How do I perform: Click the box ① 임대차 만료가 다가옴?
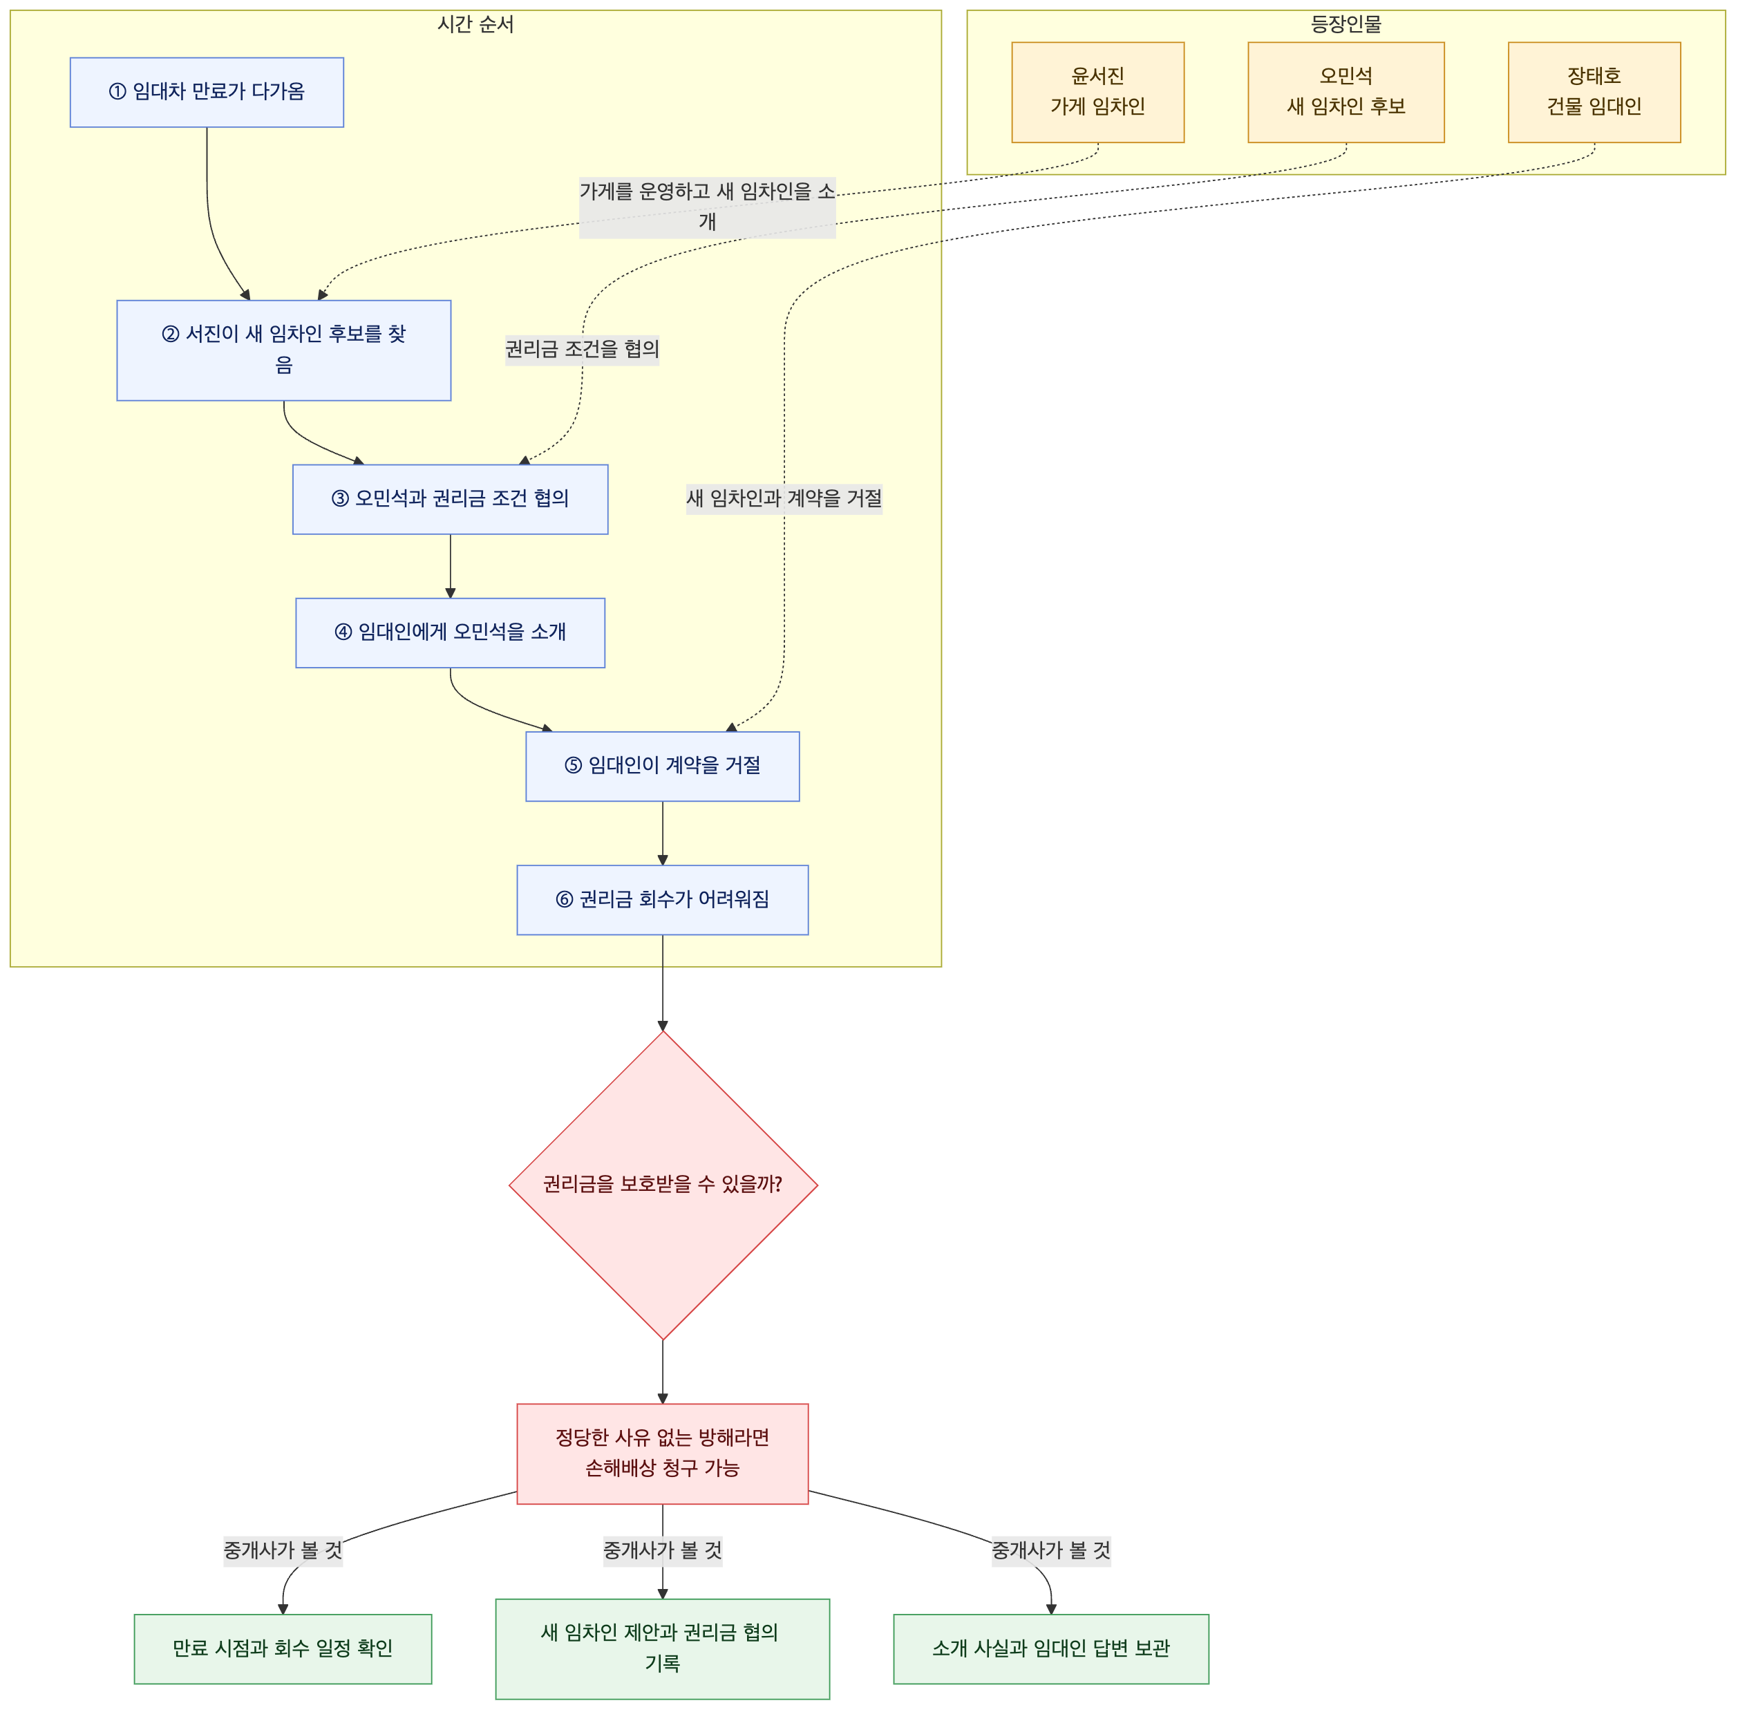pos(207,92)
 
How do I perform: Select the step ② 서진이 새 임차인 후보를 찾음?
pos(284,350)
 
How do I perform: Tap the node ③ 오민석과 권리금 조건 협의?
pos(450,499)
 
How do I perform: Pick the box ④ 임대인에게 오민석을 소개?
pos(450,632)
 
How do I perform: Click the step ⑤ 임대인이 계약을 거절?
pos(663,766)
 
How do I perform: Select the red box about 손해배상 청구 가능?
pos(663,1454)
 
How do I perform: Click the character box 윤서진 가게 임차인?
pos(1098,92)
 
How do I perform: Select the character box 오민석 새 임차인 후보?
pos(1347,92)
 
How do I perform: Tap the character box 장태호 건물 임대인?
pos(1594,92)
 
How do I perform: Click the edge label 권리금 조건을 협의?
pos(582,349)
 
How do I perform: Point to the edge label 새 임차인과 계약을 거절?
pos(784,498)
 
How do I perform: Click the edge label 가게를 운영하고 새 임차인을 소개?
pos(708,207)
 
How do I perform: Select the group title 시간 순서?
pos(475,24)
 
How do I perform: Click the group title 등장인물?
pos(1347,24)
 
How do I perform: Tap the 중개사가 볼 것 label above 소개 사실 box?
pos(1051,1551)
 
